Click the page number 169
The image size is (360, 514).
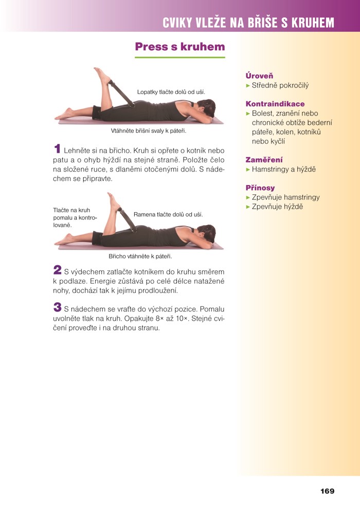pyautogui.click(x=327, y=491)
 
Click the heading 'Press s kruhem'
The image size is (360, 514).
pyautogui.click(x=180, y=47)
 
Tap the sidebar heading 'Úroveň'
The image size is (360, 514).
pyautogui.click(x=259, y=76)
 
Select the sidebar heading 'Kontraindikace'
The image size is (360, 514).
pyautogui.click(x=275, y=104)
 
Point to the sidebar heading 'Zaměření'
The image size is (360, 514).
pyautogui.click(x=264, y=160)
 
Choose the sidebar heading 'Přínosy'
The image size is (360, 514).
pyautogui.click(x=260, y=188)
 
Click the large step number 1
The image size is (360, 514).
pyautogui.click(x=58, y=149)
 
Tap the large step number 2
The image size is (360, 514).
pyautogui.click(x=58, y=270)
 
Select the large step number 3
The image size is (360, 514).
pyautogui.click(x=58, y=307)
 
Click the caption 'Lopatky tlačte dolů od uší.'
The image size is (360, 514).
pyautogui.click(x=171, y=92)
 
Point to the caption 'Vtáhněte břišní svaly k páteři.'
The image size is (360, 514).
pyautogui.click(x=149, y=131)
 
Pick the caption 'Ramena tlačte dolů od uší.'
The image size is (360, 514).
pyautogui.click(x=168, y=215)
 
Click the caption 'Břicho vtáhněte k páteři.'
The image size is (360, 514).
pyautogui.click(x=140, y=256)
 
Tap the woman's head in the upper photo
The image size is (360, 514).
pyautogui.click(x=206, y=107)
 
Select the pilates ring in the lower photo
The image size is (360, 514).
pyautogui.click(x=127, y=219)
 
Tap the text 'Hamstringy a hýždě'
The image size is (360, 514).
pyautogui.click(x=283, y=170)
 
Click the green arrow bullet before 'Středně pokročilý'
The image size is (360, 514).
pyautogui.click(x=248, y=86)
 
